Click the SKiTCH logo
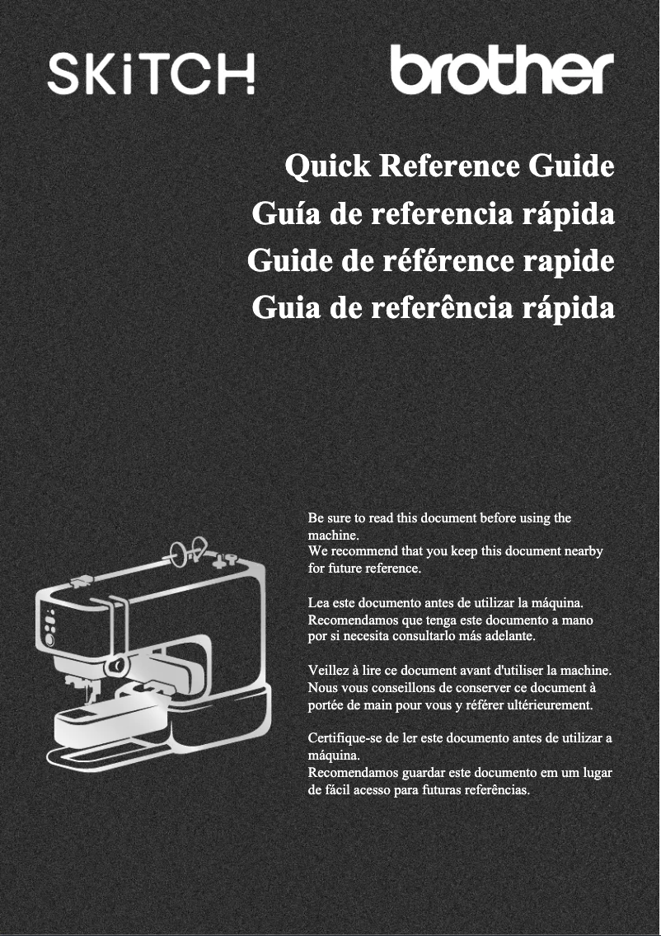tap(151, 74)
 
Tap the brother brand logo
tap(502, 69)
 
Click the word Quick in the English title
tap(327, 166)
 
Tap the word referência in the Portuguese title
tap(441, 307)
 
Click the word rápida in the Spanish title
tap(569, 213)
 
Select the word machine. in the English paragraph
tap(333, 535)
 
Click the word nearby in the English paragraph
tap(583, 551)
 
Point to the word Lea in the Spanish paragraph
tap(318, 602)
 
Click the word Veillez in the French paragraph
tap(326, 671)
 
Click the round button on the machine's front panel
tap(49, 640)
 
